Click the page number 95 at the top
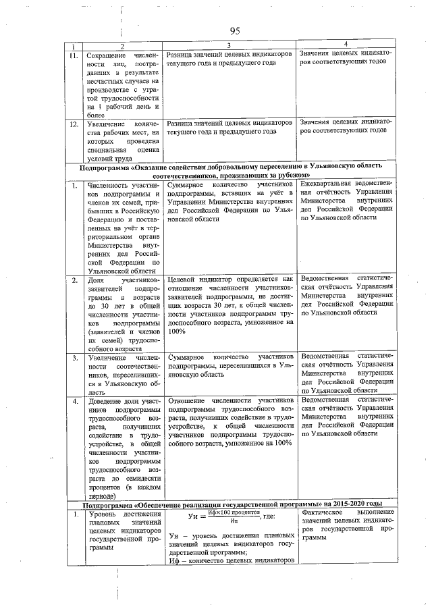pos(235,31)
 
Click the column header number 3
pos(230,45)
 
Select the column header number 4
pos(345,45)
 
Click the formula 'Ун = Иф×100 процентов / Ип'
pos(217,516)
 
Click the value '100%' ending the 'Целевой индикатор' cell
pos(177,331)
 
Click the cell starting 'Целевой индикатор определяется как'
pos(230,304)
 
